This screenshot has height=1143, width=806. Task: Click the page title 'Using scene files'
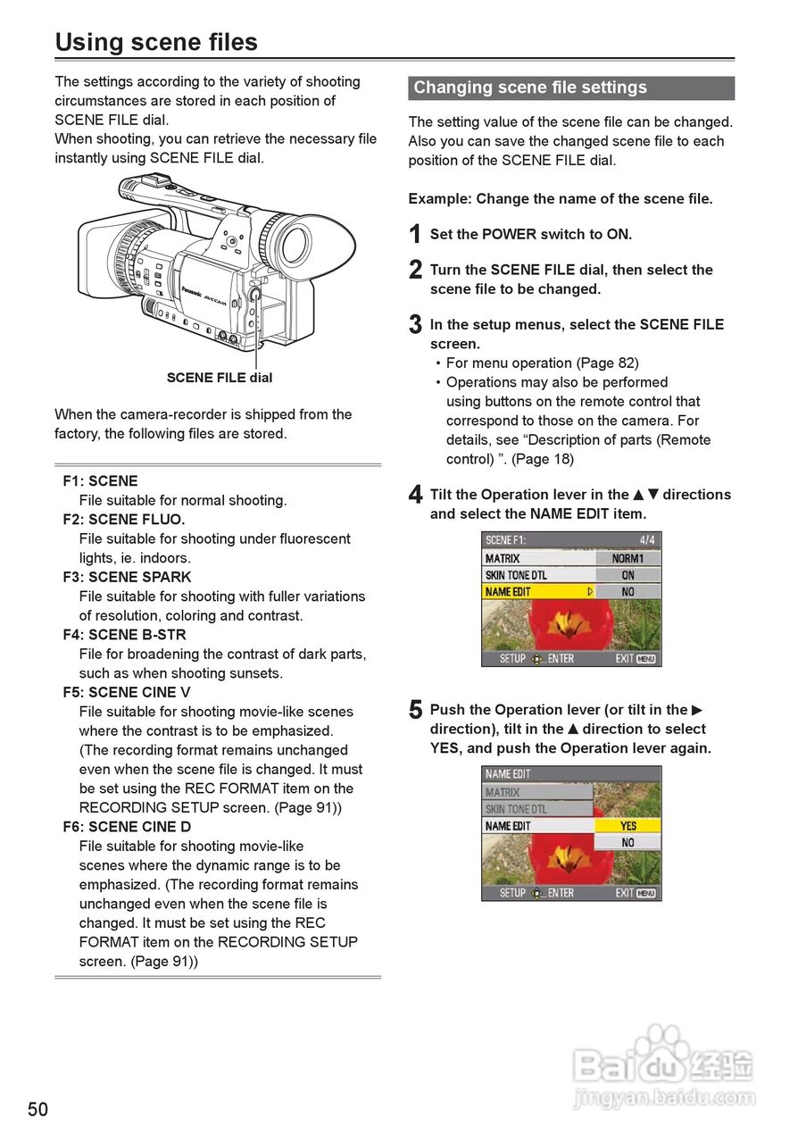pyautogui.click(x=156, y=42)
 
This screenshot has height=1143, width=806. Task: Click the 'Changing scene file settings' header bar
pyautogui.click(x=571, y=88)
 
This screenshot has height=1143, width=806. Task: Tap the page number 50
pyautogui.click(x=38, y=1110)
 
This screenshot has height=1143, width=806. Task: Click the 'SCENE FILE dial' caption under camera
pyautogui.click(x=220, y=378)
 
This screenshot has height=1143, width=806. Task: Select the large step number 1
pyautogui.click(x=415, y=235)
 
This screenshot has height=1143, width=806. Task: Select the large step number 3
pyautogui.click(x=415, y=325)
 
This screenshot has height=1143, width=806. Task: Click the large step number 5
pyautogui.click(x=415, y=711)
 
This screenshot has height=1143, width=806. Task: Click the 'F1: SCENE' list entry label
pyautogui.click(x=100, y=481)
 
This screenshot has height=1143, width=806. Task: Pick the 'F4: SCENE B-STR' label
pyautogui.click(x=124, y=635)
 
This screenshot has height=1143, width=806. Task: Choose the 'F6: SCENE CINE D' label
pyautogui.click(x=127, y=827)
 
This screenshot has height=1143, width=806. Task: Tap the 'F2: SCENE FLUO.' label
pyautogui.click(x=124, y=520)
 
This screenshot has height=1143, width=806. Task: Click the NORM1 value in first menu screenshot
pyautogui.click(x=628, y=558)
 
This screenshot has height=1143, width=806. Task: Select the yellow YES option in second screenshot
pyautogui.click(x=628, y=826)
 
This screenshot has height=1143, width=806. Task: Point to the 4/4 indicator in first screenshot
pyautogui.click(x=647, y=540)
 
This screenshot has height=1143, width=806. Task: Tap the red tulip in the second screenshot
pyautogui.click(x=567, y=862)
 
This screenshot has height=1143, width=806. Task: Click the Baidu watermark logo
pyautogui.click(x=664, y=1064)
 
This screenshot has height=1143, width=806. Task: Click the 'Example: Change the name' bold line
pyautogui.click(x=561, y=199)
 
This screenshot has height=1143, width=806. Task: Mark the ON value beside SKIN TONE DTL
pyautogui.click(x=628, y=575)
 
